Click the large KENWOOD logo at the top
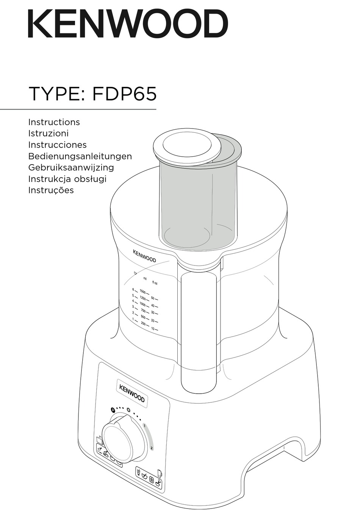pos(128,24)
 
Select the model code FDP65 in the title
pos(124,94)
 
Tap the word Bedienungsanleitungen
pos(80,156)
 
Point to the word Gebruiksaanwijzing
pos(71,168)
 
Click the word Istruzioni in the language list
pos(48,133)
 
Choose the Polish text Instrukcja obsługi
pos(67,179)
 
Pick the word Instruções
pos(51,190)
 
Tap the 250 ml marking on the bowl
pos(143,323)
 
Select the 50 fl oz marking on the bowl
pos(153,298)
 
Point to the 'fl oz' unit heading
pos(155,283)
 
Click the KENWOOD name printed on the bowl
pos(144,256)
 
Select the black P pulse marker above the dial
pos(112,410)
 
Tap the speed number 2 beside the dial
pos(152,448)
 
